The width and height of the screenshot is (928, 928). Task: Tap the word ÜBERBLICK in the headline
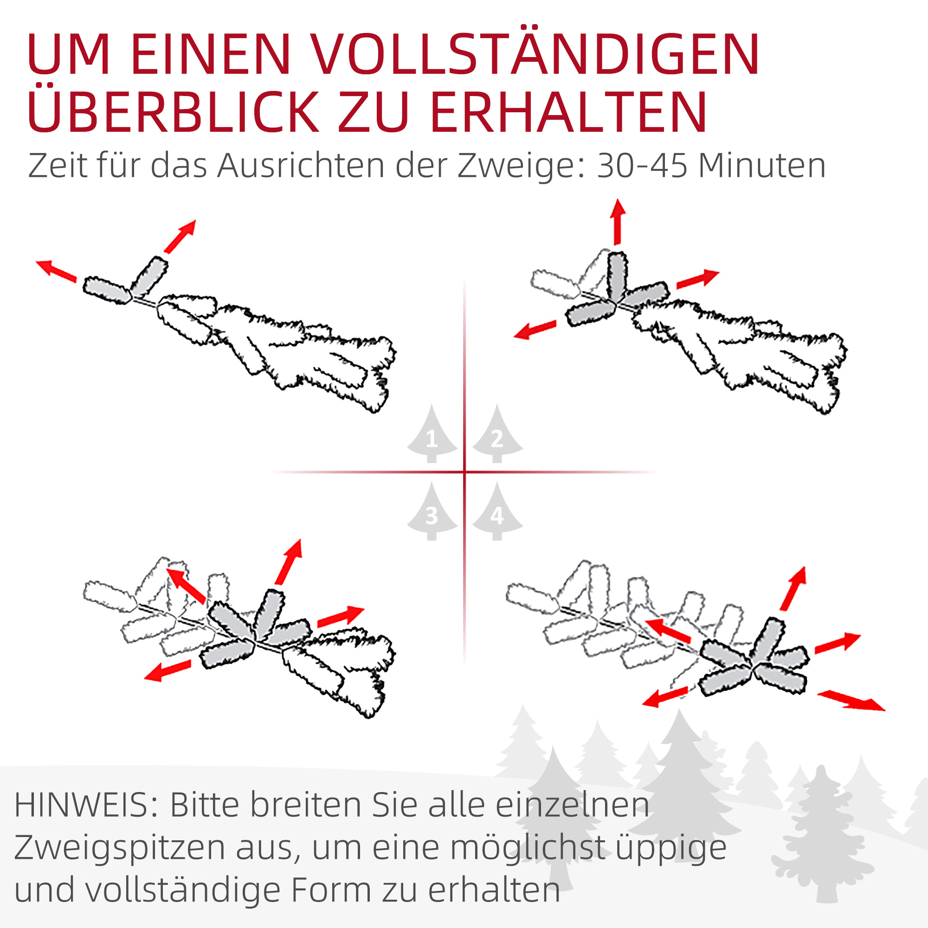pos(173,111)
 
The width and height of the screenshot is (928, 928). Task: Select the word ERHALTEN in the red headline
pos(569,111)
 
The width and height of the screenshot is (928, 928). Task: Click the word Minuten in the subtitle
pos(762,166)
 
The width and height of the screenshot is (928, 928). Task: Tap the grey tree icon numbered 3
pos(432,514)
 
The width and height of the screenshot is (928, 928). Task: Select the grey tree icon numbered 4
pos(497,514)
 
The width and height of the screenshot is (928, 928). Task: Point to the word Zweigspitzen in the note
pos(120,849)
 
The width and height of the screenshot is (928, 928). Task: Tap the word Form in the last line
pos(331,891)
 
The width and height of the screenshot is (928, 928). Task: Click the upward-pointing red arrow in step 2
pos(618,222)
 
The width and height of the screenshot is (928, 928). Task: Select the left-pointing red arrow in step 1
pos(56,271)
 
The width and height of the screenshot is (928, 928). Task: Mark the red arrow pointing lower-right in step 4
pos(851,700)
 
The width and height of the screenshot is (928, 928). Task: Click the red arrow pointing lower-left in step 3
pos(168,670)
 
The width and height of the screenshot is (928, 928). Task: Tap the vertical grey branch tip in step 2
pos(617,277)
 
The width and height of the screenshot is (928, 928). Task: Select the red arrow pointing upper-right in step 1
pos(180,236)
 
